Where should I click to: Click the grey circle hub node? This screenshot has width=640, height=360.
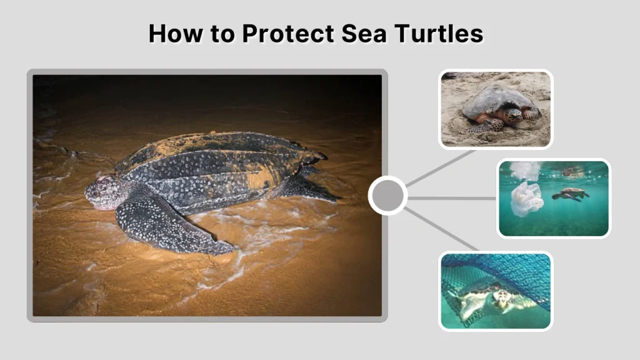[x=387, y=196]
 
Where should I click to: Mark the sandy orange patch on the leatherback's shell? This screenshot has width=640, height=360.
[x=261, y=179]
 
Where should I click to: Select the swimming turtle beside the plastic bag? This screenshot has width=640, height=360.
[x=571, y=194]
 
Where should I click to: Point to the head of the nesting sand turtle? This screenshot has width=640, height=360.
[x=514, y=115]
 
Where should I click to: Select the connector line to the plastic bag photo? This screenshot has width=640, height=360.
[x=452, y=198]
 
